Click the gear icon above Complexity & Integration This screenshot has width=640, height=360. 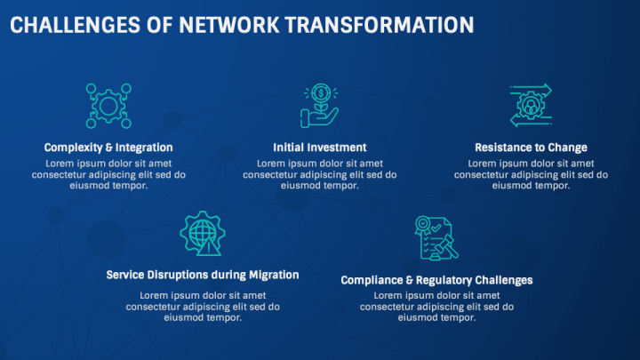click(108, 106)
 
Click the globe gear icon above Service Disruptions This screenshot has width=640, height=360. click(202, 234)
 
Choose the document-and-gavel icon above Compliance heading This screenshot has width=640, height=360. click(436, 237)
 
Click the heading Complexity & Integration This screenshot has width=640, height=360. click(108, 148)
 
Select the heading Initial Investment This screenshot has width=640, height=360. click(319, 148)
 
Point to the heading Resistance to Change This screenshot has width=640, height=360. click(531, 148)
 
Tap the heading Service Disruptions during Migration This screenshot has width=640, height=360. click(203, 275)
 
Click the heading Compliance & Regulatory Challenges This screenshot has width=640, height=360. click(436, 280)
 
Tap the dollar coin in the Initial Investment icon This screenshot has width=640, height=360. click(319, 92)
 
